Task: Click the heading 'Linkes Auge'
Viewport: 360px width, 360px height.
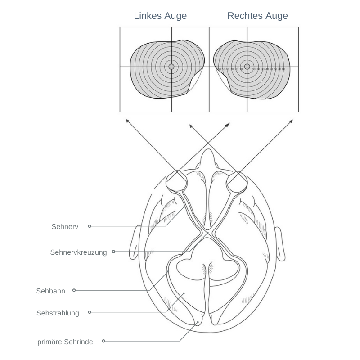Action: (x=160, y=16)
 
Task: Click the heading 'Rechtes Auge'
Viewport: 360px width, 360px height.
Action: (x=257, y=16)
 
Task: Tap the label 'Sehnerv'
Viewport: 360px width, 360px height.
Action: (x=65, y=227)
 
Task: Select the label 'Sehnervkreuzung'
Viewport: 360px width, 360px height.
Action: (x=79, y=252)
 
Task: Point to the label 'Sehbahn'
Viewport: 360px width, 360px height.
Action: (x=51, y=291)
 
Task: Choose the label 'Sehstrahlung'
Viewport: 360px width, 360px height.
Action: (x=58, y=313)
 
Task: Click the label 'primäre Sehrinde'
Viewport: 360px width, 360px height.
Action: (x=65, y=342)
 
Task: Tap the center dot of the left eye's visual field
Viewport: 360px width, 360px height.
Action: (x=171, y=67)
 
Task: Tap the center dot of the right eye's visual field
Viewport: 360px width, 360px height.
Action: (x=247, y=67)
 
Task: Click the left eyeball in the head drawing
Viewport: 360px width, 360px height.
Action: (x=177, y=181)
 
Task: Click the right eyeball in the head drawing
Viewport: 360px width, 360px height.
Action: (x=237, y=182)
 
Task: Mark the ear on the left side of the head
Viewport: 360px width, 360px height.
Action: (x=134, y=243)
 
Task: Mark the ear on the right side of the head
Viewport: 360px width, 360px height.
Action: (x=279, y=243)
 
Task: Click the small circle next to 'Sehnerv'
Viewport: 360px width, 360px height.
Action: (x=90, y=226)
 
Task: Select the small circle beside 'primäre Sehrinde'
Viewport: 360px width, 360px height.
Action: (x=103, y=341)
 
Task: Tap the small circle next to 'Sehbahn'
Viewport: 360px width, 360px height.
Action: (x=74, y=290)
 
